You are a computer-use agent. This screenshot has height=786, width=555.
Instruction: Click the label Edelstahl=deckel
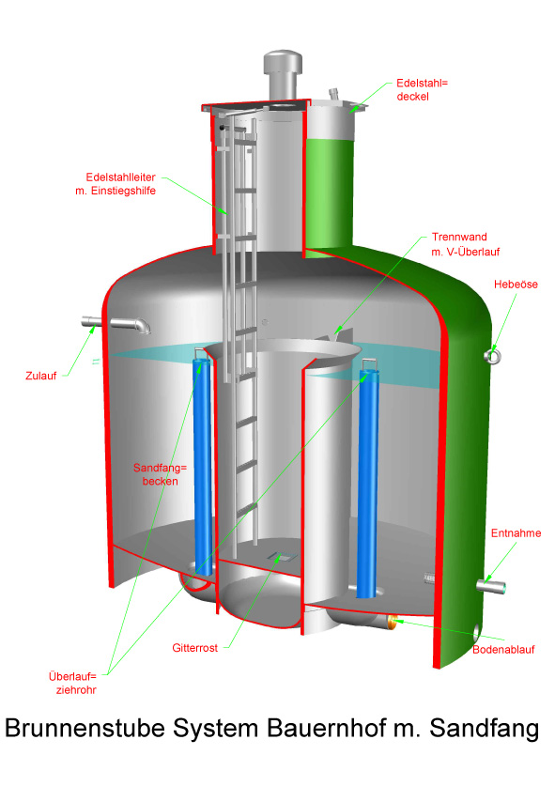click(422, 90)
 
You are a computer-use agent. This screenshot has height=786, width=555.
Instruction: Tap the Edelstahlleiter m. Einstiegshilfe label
click(116, 184)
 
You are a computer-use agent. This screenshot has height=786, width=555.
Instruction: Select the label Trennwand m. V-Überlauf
click(465, 244)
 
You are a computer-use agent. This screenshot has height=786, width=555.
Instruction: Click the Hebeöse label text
click(516, 285)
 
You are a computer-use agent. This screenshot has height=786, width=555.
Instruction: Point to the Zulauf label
click(40, 376)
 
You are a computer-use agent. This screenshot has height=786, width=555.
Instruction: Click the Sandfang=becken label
click(160, 474)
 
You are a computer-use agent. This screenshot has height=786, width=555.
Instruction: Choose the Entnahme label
click(516, 532)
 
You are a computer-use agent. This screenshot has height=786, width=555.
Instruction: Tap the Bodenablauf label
click(503, 650)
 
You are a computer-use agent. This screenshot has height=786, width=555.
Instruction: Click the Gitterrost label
click(195, 648)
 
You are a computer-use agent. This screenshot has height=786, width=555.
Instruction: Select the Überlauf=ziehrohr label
click(72, 683)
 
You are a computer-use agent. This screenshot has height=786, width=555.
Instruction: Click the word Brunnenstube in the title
click(85, 728)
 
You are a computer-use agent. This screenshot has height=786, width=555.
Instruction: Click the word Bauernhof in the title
click(327, 728)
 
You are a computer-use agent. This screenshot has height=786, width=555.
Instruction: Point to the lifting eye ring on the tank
click(492, 356)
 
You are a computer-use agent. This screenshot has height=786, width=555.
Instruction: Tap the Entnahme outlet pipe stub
click(491, 585)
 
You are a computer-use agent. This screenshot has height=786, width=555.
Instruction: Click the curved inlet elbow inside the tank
click(131, 324)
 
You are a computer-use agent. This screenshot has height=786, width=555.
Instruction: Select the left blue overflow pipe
click(203, 464)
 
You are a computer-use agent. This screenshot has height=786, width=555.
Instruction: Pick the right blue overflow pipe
click(367, 481)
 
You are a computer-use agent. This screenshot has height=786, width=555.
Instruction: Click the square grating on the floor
click(282, 556)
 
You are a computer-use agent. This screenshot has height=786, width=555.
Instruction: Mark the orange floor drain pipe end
click(392, 623)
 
